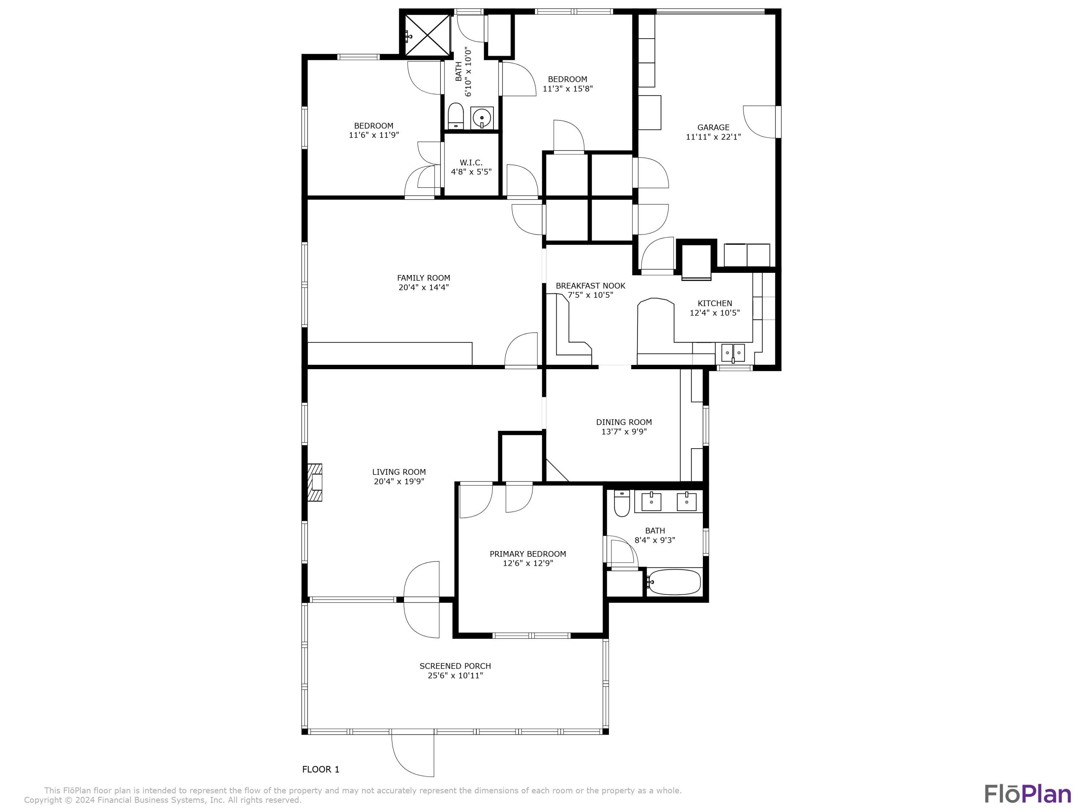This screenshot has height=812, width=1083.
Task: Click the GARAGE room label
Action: coord(713,127)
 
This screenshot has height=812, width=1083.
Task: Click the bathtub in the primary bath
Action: coord(674,582)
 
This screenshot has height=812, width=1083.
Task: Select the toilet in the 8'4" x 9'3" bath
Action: coord(621,504)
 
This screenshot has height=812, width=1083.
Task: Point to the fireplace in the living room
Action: coord(315,482)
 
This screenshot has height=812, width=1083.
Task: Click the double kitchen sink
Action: coord(732,352)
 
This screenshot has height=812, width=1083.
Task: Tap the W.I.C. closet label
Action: coord(471,162)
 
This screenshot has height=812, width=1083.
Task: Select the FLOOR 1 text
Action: coord(321,769)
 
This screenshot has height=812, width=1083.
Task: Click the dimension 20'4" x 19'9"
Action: coord(399,481)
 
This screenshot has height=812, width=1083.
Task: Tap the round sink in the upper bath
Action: coord(482,118)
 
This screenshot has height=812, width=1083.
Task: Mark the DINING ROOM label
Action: coord(624,422)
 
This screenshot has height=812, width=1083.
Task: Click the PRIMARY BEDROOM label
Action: coord(527,554)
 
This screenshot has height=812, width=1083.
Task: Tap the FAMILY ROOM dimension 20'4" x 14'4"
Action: coord(423,287)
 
